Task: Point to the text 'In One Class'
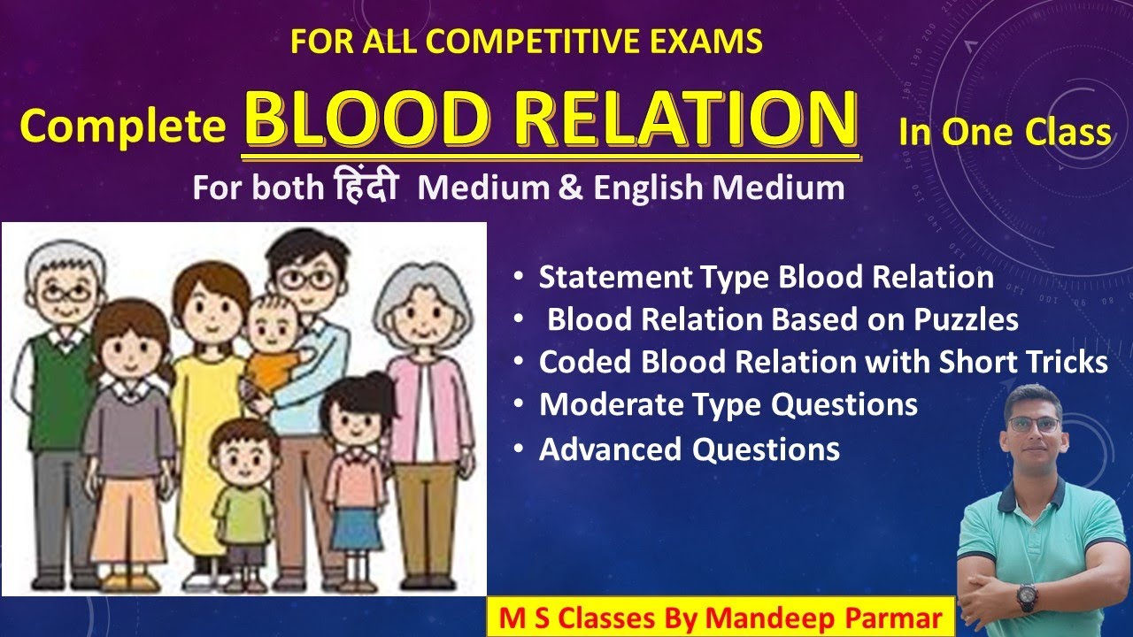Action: (x=1005, y=132)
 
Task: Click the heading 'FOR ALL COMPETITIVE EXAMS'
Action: (x=527, y=42)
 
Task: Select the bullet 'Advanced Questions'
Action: (x=689, y=449)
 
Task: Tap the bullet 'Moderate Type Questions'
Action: (x=728, y=405)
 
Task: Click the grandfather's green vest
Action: (x=53, y=389)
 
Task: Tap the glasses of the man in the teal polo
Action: (x=1033, y=424)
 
